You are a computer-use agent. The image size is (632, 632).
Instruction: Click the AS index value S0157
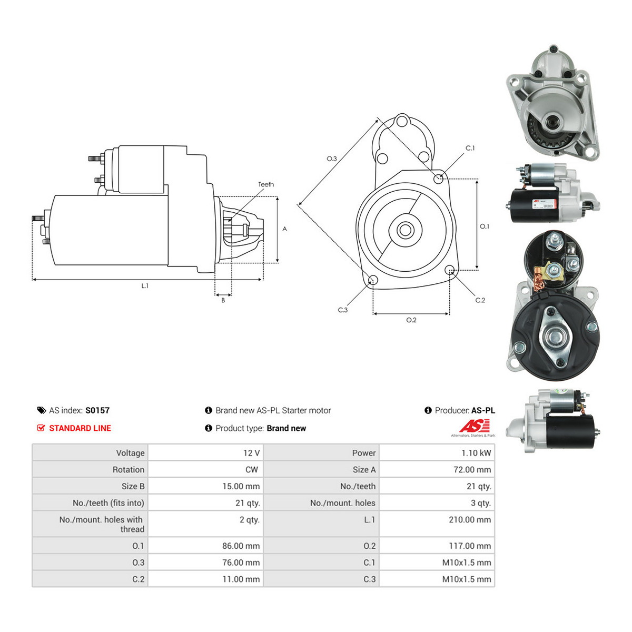point(97,410)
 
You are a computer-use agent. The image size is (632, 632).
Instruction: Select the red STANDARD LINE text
point(80,428)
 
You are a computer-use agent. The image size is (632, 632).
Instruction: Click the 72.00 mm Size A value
point(472,470)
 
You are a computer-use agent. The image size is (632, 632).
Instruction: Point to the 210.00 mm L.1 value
point(470,519)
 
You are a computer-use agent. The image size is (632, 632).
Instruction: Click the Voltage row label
point(130,453)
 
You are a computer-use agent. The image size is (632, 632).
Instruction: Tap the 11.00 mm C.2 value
point(241,579)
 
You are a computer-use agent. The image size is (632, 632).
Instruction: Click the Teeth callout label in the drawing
point(265,184)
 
